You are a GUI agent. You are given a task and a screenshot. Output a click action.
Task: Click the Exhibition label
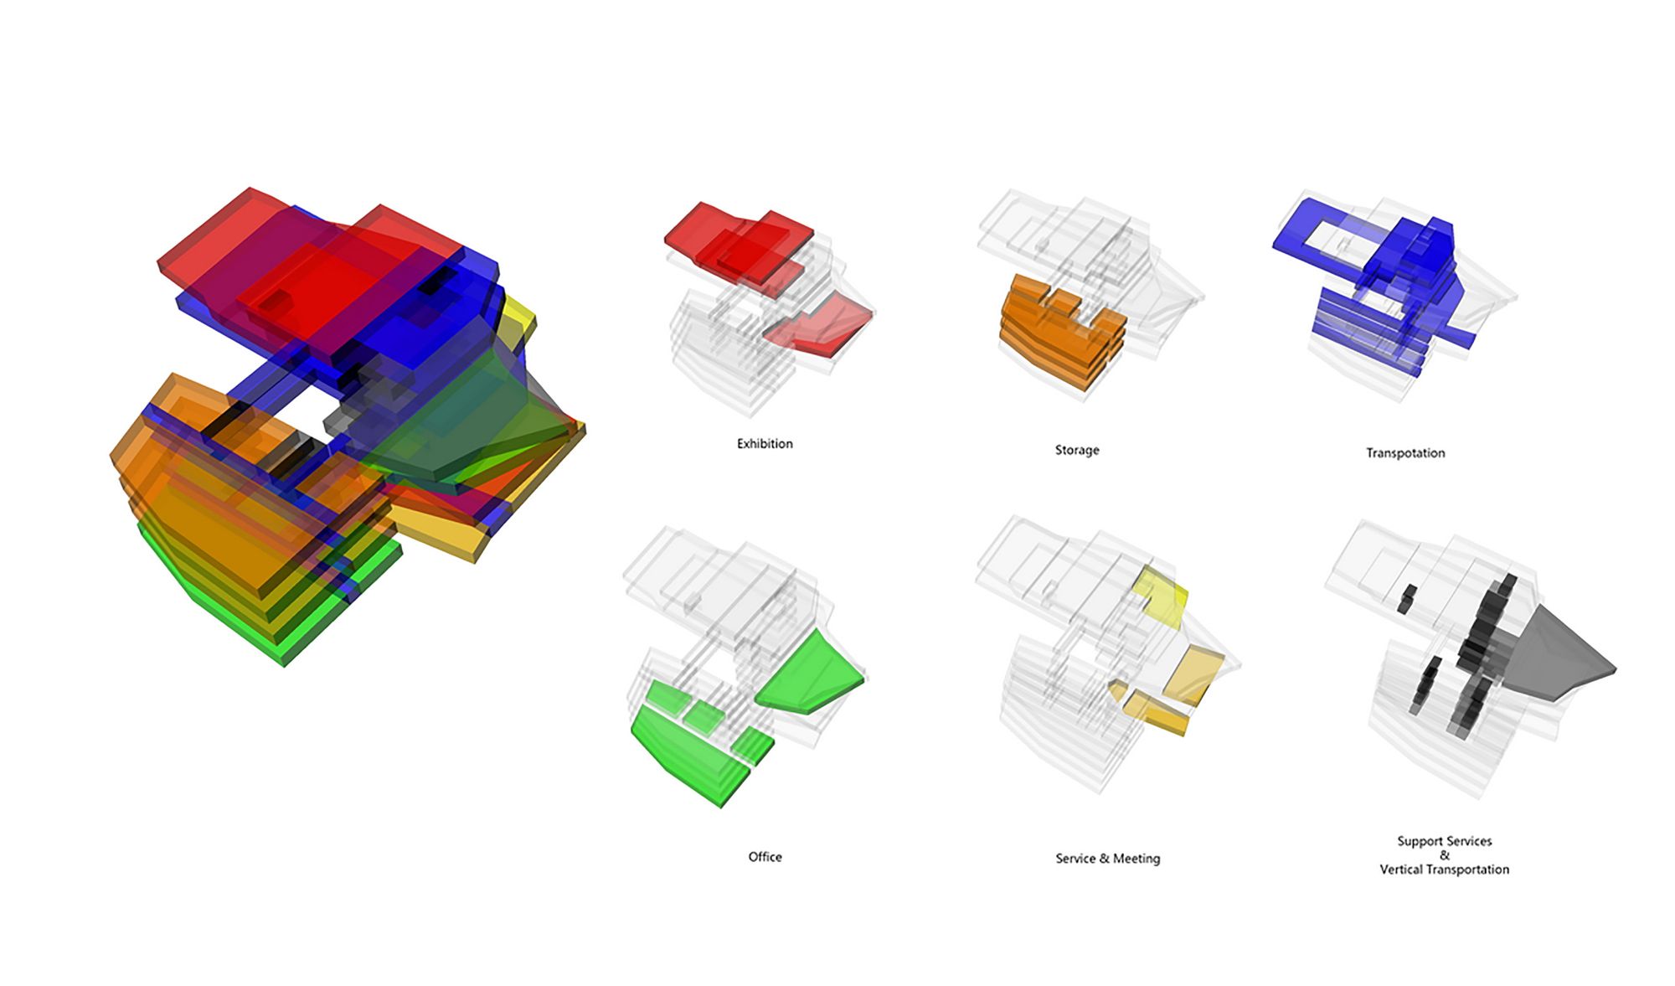click(765, 443)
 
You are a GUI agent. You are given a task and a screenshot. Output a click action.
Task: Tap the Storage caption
click(1077, 450)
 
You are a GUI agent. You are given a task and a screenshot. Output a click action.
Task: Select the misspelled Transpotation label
click(1405, 453)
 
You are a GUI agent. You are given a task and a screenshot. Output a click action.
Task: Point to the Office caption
click(765, 856)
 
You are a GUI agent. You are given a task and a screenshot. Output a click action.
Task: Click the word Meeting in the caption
click(1136, 859)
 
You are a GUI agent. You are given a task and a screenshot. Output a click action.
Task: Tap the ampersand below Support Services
click(1445, 855)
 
